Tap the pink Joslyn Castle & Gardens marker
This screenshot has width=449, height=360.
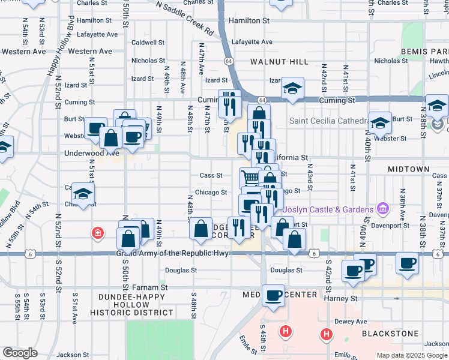pyautogui.click(x=381, y=209)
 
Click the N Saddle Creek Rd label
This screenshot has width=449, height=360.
pyautogui.click(x=184, y=17)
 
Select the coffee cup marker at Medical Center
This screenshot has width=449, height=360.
pyautogui.click(x=274, y=295)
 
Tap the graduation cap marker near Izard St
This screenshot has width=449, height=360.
pyautogui.click(x=292, y=88)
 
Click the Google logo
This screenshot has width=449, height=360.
pyautogui.click(x=20, y=353)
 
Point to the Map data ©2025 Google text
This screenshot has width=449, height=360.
pyautogui.click(x=412, y=355)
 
